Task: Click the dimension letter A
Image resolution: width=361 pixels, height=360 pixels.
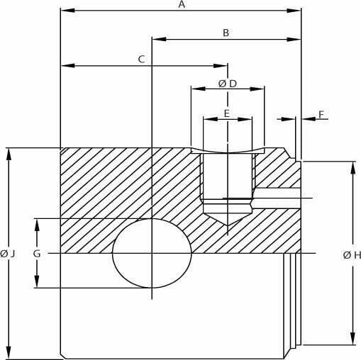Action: pos(182,4)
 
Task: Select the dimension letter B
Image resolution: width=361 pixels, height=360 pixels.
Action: pos(226,33)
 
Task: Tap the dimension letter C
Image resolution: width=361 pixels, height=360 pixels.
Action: pos(141,60)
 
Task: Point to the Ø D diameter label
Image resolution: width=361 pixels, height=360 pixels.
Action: pos(228,84)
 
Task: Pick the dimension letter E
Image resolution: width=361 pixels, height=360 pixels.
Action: pos(227,113)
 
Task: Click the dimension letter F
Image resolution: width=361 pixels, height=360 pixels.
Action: pos(321,115)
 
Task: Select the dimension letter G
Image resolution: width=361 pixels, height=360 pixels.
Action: pos(37,254)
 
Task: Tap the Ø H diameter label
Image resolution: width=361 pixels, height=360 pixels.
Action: pos(352,255)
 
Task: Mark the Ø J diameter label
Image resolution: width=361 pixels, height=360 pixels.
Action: pos(8,254)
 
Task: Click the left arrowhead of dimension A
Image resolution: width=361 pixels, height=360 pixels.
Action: pos(68,11)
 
